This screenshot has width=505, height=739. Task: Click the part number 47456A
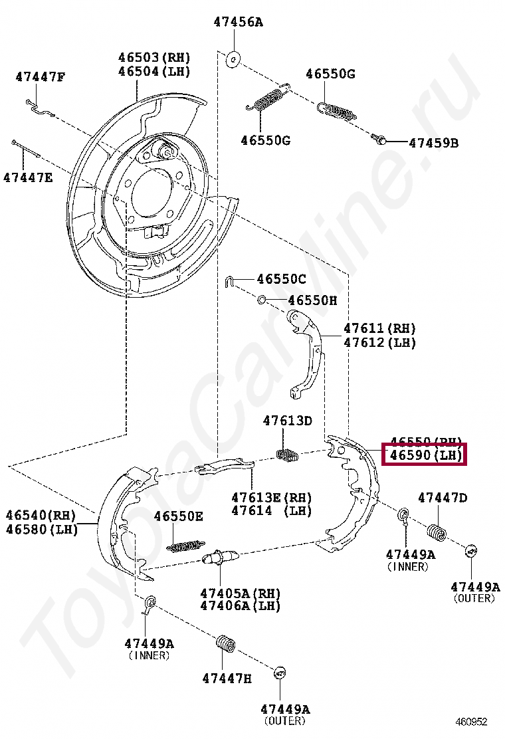click(x=238, y=22)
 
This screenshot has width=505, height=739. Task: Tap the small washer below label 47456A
click(x=233, y=59)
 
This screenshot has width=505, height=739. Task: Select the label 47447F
click(x=41, y=77)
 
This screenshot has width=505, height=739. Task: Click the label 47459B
click(x=433, y=142)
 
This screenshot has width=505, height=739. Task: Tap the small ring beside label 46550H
click(x=262, y=300)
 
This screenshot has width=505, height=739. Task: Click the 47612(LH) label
click(x=379, y=343)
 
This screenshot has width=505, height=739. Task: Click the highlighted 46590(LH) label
click(x=425, y=455)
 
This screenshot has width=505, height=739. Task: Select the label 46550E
click(x=179, y=516)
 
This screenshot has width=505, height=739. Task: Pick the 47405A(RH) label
click(x=240, y=593)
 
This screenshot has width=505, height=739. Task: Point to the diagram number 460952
click(x=471, y=721)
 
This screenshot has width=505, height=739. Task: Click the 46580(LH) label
click(x=42, y=530)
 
